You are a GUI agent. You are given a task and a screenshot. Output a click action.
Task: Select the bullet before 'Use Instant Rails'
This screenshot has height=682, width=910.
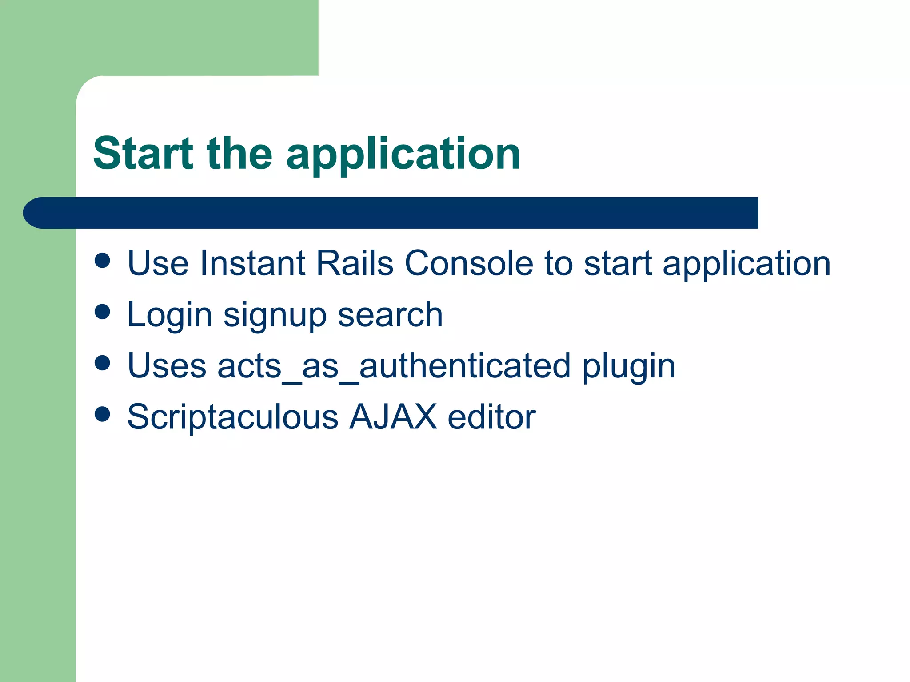tap(102, 261)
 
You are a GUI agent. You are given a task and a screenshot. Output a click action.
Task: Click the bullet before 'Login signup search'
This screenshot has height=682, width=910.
tap(102, 312)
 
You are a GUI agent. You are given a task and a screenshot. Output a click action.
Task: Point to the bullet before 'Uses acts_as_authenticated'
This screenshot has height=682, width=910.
tap(102, 363)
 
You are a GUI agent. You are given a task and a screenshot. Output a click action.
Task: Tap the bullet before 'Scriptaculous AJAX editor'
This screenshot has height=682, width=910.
tap(102, 414)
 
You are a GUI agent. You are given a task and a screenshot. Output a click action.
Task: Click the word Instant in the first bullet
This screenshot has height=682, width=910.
tap(252, 263)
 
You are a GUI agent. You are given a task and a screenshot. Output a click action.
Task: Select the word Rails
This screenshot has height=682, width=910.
tap(354, 263)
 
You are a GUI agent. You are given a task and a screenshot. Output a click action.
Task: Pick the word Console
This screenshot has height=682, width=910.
tap(469, 263)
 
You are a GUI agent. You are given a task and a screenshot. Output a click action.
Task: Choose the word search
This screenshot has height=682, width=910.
tap(390, 314)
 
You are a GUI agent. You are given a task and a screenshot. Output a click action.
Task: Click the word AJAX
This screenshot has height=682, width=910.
tap(393, 416)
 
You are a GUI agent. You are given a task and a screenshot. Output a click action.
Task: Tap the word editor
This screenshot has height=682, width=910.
tap(491, 416)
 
